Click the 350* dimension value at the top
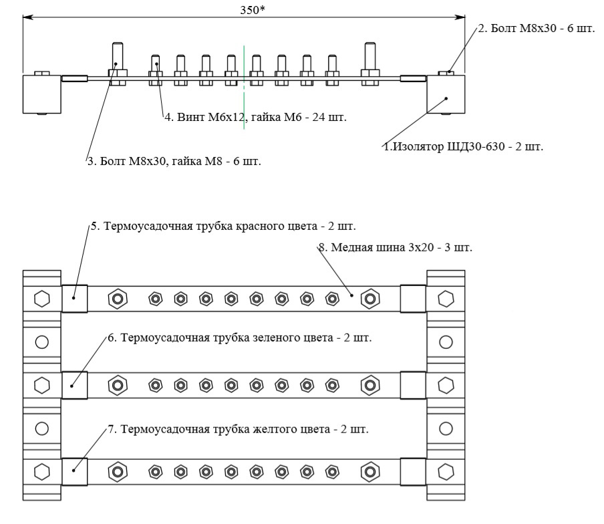click(x=253, y=10)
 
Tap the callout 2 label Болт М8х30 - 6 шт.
click(x=537, y=28)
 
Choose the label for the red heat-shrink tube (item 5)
click(x=223, y=226)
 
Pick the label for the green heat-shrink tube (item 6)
click(x=240, y=338)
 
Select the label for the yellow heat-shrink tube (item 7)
click(x=238, y=429)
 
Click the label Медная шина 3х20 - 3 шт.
click(x=396, y=247)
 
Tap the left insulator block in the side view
click(x=42, y=94)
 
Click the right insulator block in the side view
click(x=446, y=94)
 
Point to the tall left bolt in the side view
click(x=118, y=63)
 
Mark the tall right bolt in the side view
click(x=370, y=63)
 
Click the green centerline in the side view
click(x=244, y=87)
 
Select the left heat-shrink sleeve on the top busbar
click(x=75, y=299)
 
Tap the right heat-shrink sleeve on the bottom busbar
click(x=413, y=472)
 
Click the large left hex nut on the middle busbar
click(x=118, y=385)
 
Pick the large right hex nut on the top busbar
click(x=370, y=299)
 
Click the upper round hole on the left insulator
click(x=42, y=342)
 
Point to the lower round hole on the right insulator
click(x=446, y=428)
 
